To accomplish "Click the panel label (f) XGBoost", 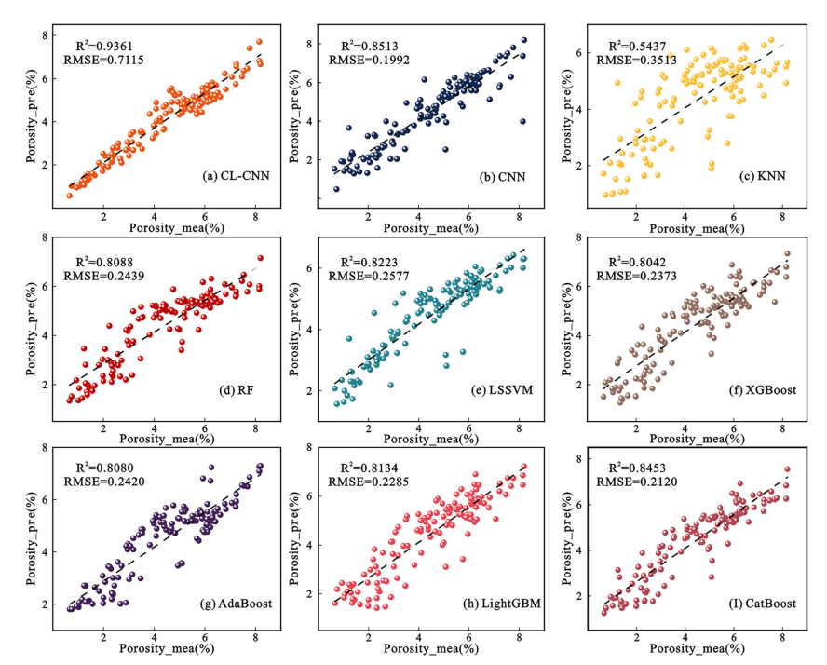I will (x=753, y=389).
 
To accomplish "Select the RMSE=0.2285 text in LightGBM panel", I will (x=366, y=483).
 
